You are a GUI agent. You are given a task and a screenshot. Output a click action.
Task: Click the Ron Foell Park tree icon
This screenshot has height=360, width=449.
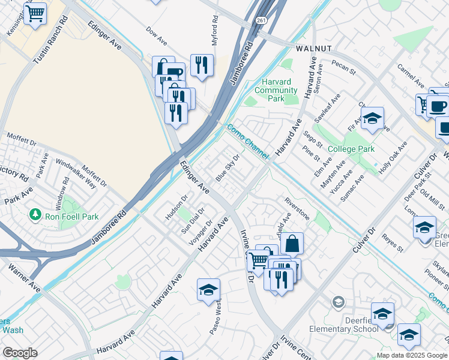tap(35, 214)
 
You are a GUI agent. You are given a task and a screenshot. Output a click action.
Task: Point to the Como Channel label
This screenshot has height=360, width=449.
tap(247, 142)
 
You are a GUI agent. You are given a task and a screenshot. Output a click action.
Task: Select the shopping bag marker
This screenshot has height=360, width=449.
tap(292, 244)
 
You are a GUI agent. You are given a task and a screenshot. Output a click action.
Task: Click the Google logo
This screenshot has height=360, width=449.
tap(20, 353)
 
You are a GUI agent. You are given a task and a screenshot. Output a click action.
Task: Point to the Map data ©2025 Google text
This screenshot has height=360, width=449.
tap(412, 355)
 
